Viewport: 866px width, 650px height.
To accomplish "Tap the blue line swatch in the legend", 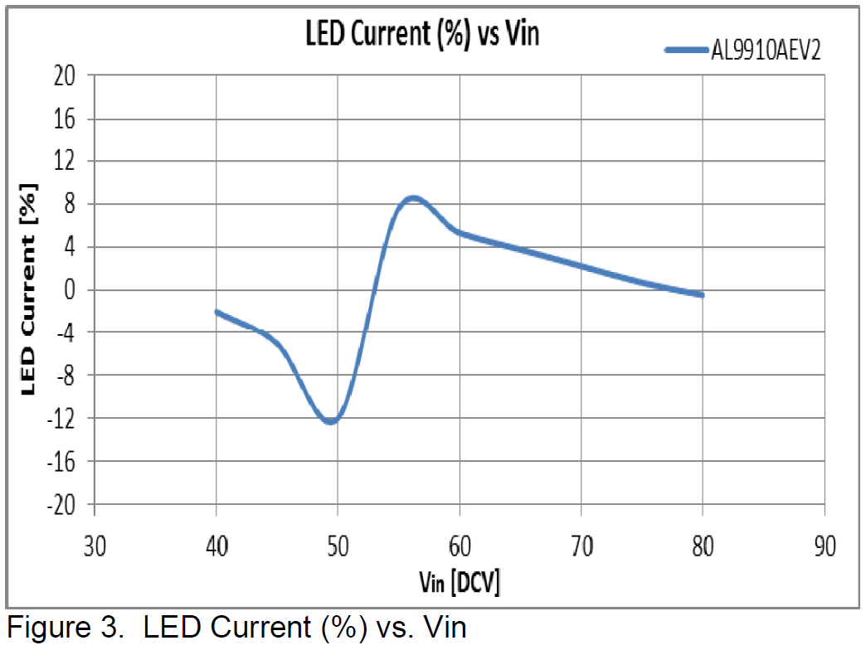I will pyautogui.click(x=687, y=50).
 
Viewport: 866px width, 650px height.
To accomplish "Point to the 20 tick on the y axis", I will pyautogui.click(x=66, y=76).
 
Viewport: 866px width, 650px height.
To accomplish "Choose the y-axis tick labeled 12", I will pyautogui.click(x=66, y=162).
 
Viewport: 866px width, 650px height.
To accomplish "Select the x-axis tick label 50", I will pyautogui.click(x=338, y=547).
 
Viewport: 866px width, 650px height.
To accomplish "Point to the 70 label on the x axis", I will pyautogui.click(x=581, y=547).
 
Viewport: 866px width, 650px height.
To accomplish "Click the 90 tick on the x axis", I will pyautogui.click(x=825, y=547).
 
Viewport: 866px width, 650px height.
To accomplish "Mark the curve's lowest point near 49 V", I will pyautogui.click(x=331, y=421).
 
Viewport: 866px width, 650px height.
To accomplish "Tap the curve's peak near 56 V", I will pyautogui.click(x=413, y=198).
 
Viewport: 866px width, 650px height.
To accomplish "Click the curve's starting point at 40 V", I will pyautogui.click(x=217, y=313).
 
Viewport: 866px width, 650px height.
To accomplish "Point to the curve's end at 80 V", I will pyautogui.click(x=703, y=295).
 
